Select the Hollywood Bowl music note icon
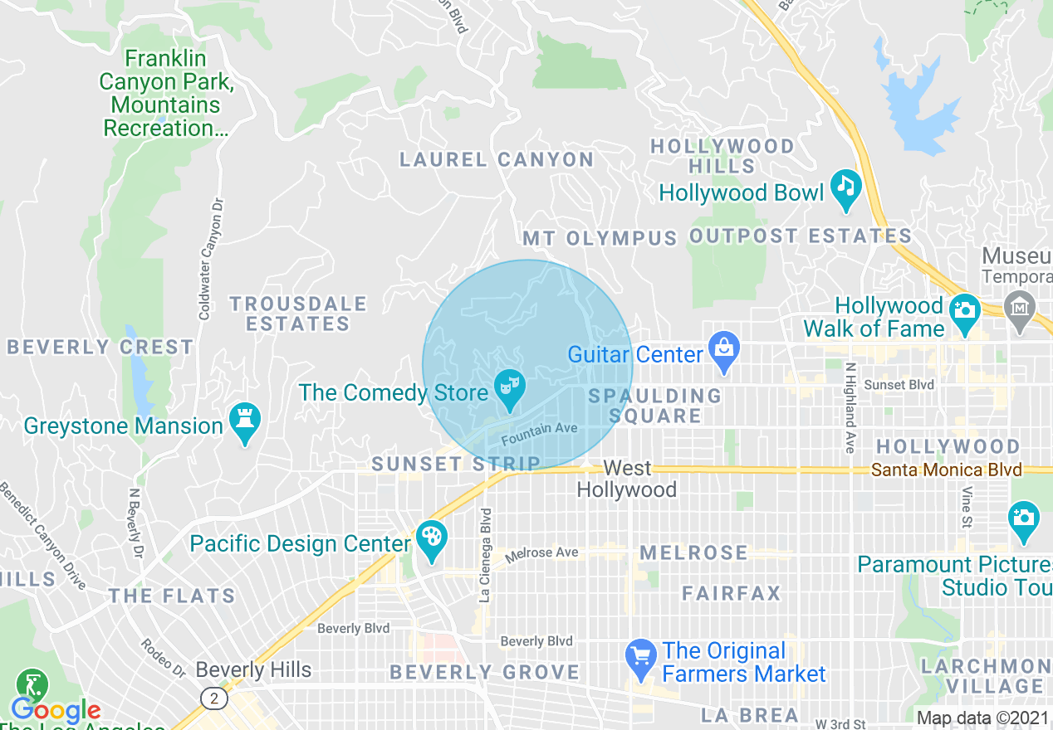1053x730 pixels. click(x=845, y=187)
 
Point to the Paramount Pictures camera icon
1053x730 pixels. click(x=1023, y=519)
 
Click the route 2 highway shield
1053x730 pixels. click(x=214, y=698)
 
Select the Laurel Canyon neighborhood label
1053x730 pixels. click(x=497, y=159)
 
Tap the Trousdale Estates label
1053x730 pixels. click(x=298, y=314)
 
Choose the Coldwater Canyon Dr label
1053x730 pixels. click(x=210, y=258)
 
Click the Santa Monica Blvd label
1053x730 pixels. click(x=946, y=470)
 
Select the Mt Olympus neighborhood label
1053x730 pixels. click(x=600, y=239)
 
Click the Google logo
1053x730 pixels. click(x=56, y=711)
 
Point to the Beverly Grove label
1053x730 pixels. click(x=484, y=672)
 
